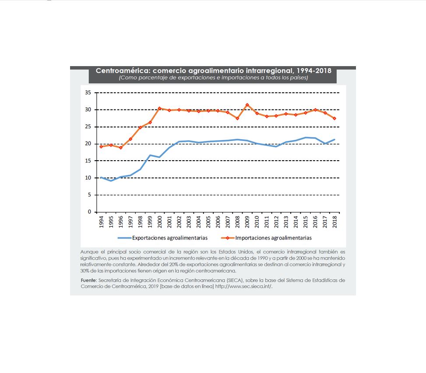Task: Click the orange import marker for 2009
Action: (x=247, y=105)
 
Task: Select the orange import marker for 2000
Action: (x=159, y=108)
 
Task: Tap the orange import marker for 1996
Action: (x=121, y=148)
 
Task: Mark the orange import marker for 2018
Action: (x=334, y=119)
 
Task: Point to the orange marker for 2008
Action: (x=237, y=119)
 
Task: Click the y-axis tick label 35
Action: (x=88, y=93)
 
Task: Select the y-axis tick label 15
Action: (x=88, y=161)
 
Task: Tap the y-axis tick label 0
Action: (x=89, y=212)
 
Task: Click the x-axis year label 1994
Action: (x=101, y=222)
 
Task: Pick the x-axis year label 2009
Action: (x=247, y=222)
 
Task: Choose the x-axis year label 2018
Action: (x=334, y=222)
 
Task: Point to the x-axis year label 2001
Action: (x=169, y=222)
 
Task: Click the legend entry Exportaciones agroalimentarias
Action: (x=163, y=238)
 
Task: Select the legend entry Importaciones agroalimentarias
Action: (x=267, y=238)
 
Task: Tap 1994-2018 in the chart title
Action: (x=314, y=70)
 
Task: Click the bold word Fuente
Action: (x=88, y=280)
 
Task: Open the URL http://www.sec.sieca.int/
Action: (x=244, y=286)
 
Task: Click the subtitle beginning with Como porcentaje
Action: (x=213, y=77)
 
